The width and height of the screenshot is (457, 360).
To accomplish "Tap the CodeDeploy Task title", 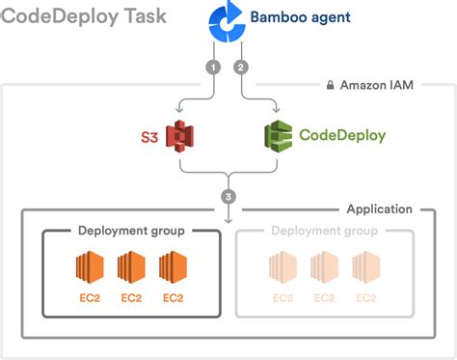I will click(x=84, y=16).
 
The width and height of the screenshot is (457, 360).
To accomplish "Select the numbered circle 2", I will click(x=241, y=68).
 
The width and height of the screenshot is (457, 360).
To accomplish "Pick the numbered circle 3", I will click(x=228, y=197).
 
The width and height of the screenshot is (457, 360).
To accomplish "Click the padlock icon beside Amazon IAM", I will click(x=329, y=86).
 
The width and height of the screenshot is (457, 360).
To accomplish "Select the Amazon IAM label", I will click(x=377, y=86).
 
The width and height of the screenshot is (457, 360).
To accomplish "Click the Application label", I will click(x=380, y=208).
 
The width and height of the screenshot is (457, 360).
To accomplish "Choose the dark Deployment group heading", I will click(x=130, y=231).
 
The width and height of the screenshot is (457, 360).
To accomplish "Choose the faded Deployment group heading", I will click(x=323, y=231).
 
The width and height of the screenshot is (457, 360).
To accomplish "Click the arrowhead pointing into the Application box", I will click(x=228, y=220).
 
